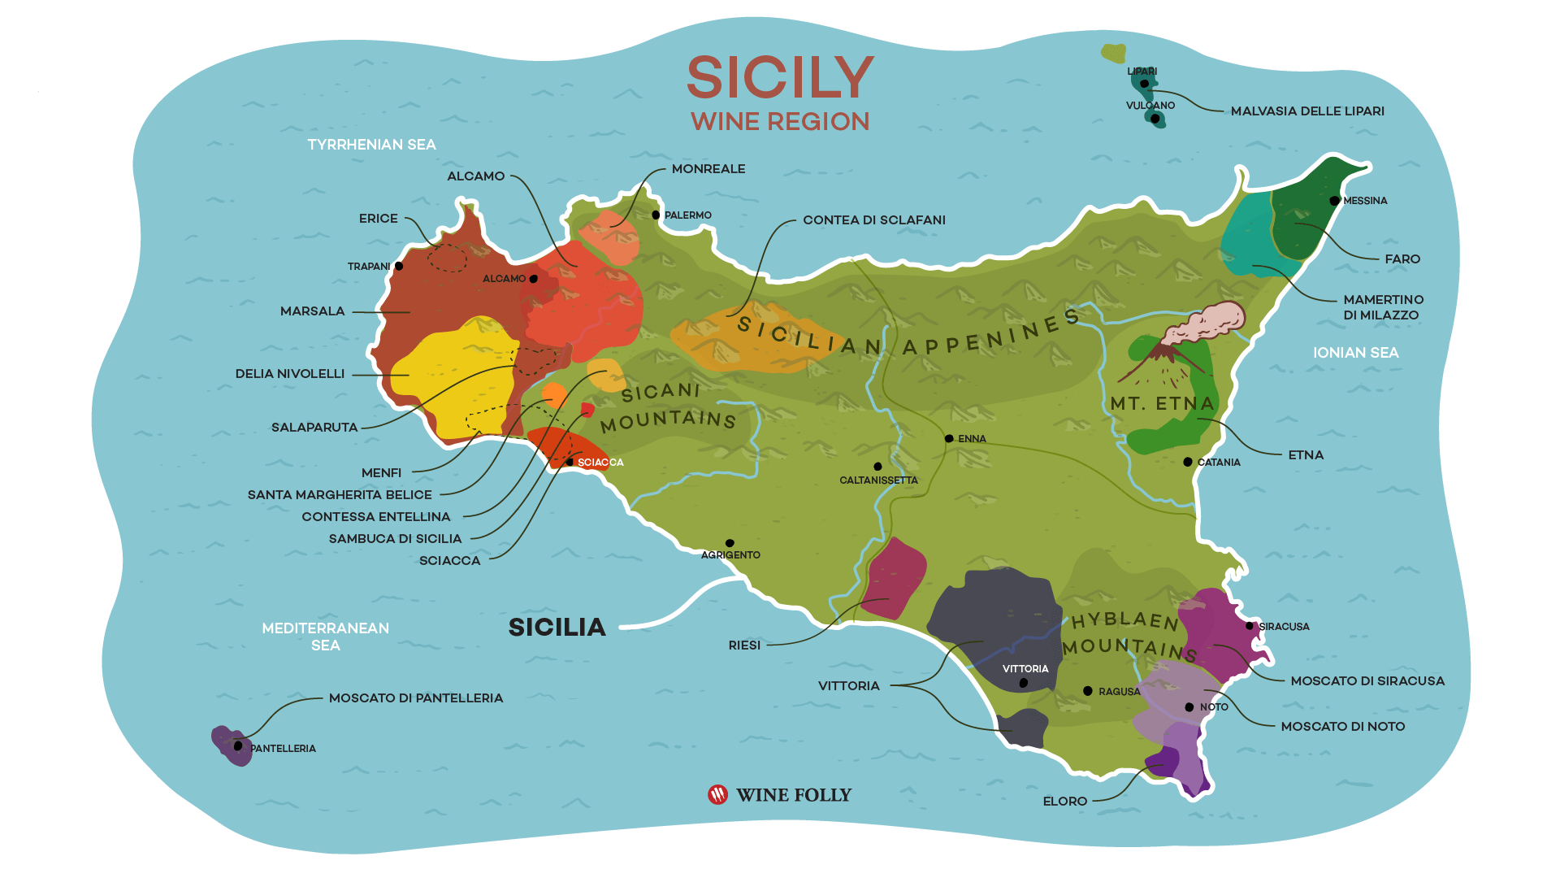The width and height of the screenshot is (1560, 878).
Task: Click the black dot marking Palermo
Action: [656, 215]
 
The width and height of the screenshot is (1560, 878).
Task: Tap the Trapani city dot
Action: [399, 266]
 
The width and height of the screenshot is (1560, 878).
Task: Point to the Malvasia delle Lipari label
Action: [1306, 111]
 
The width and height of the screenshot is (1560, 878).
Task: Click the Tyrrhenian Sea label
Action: [371, 145]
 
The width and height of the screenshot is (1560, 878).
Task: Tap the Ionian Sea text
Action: [1355, 353]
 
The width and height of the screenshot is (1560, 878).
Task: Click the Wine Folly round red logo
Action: [717, 795]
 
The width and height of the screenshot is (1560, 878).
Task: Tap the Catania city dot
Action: [1188, 462]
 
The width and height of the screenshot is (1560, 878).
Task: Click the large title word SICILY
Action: [780, 78]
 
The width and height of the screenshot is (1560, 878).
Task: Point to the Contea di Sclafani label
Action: [873, 220]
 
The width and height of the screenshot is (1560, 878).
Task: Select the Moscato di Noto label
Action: [1342, 727]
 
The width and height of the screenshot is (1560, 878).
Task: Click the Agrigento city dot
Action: [730, 543]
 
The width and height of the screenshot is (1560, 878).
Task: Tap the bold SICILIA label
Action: [557, 628]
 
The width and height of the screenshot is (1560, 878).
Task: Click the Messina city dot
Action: [1334, 201]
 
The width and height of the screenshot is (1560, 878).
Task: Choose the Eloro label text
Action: [1064, 802]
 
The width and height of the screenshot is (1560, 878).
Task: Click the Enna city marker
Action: [949, 439]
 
